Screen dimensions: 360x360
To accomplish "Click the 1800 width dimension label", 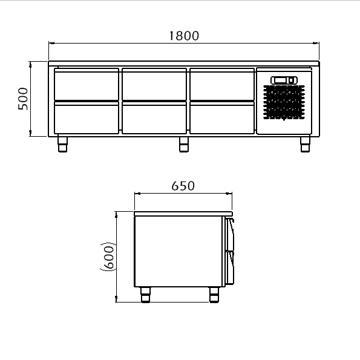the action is click(x=184, y=36).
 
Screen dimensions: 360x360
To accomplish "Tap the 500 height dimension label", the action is click(x=23, y=99).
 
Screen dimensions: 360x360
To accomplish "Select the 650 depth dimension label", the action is click(x=183, y=186).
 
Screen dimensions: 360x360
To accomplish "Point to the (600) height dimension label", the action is click(x=108, y=257).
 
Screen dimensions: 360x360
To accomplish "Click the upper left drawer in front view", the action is click(x=87, y=84).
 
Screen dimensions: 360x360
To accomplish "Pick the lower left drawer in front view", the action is click(x=87, y=117).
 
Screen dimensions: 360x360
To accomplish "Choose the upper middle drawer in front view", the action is click(x=154, y=84).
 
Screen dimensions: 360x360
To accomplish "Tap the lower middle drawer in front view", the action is click(x=154, y=117).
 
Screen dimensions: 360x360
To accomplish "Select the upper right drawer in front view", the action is click(x=222, y=84).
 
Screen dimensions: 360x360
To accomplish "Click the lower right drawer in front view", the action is click(x=222, y=117).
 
